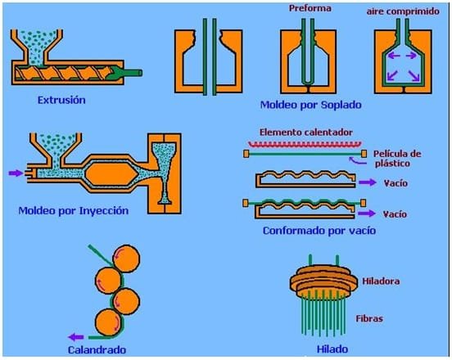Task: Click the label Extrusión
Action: pos(62,101)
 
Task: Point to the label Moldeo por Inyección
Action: pos(74,210)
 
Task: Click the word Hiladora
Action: pos(382,281)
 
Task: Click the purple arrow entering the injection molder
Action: pos(15,173)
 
